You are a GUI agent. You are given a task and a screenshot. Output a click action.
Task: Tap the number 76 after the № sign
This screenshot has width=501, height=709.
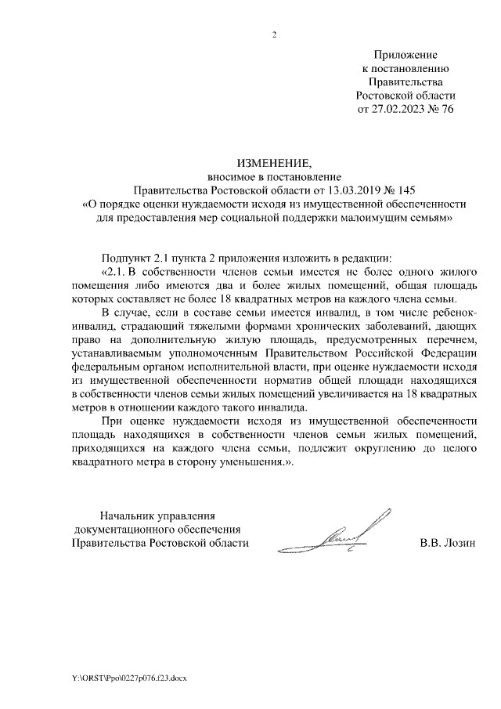tap(447, 109)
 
